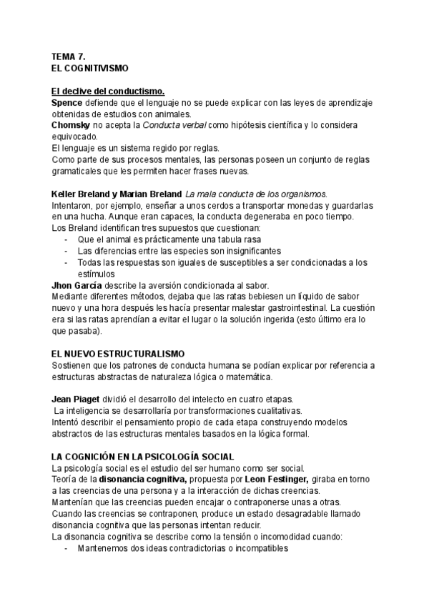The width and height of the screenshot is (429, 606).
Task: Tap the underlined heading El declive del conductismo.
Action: click(108, 91)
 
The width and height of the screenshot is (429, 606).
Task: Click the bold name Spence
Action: click(67, 102)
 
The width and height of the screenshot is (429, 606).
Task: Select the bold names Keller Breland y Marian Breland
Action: click(117, 194)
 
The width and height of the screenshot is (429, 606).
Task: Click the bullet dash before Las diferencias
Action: click(66, 251)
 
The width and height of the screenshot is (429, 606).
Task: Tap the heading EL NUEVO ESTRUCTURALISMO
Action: click(118, 353)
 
